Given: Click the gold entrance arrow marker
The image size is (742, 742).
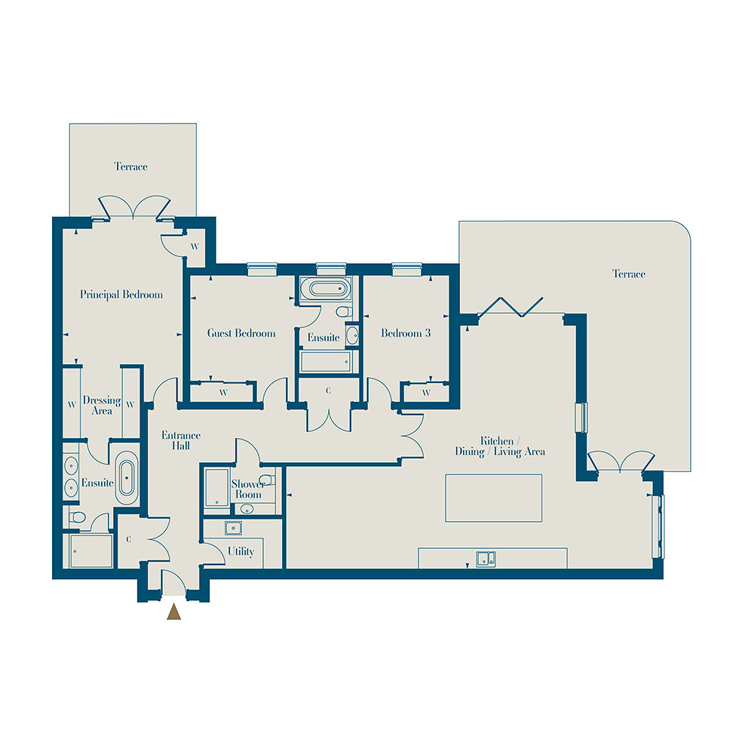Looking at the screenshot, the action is click(173, 612).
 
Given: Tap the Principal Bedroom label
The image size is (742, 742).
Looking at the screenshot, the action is click(121, 295).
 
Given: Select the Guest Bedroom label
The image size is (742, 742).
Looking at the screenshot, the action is click(241, 333).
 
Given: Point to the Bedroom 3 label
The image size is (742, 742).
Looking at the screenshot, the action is click(406, 333).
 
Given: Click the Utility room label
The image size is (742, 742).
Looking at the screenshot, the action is click(241, 551).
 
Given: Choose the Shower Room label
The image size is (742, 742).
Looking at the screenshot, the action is click(248, 489).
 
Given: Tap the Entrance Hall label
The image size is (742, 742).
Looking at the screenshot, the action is click(181, 440).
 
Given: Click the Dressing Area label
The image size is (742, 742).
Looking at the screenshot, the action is click(102, 406).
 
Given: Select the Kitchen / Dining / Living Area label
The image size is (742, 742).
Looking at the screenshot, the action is click(500, 446).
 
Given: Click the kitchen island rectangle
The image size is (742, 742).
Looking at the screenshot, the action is click(494, 498).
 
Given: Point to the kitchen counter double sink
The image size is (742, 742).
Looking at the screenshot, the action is click(486, 559).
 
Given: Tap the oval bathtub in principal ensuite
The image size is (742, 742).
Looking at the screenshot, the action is click(127, 478).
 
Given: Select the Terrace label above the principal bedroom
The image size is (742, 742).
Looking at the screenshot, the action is click(130, 167).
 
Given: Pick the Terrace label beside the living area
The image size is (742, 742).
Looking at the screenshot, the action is click(629, 274).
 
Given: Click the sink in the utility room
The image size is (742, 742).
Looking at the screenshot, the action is click(233, 528).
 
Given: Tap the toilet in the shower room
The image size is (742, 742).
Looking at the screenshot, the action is click(267, 480).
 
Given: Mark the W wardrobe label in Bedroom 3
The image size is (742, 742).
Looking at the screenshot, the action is click(426, 393).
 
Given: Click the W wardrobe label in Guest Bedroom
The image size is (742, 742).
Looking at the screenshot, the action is click(224, 393).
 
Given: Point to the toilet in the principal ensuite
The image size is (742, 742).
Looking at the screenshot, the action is click(77, 517).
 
